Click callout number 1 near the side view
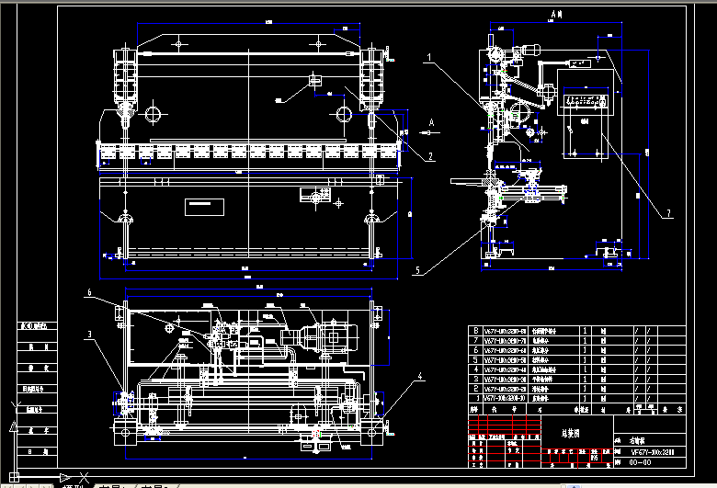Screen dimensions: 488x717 tap(428, 57)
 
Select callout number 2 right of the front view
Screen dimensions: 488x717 tap(429, 156)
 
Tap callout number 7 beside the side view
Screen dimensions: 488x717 tap(668, 214)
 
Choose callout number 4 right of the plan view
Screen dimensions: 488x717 tap(420, 376)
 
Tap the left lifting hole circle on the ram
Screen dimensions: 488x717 tap(153, 113)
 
